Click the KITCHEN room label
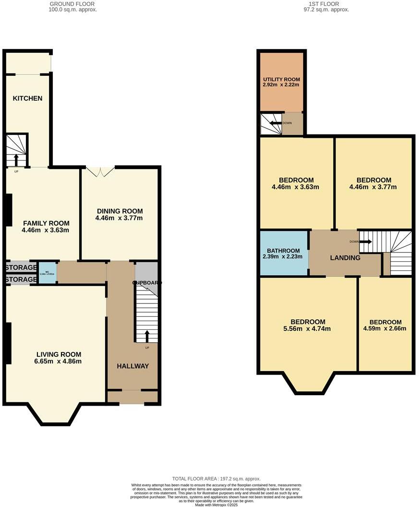pos(27,98)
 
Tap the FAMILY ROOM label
pos(46,223)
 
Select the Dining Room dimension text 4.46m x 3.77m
pos(120,218)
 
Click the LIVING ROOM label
pos(59,354)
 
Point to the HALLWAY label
pos(133,366)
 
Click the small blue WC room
pos(47,273)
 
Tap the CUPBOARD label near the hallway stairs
pos(147,283)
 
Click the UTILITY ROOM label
pos(281,79)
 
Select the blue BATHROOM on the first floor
pos(284,253)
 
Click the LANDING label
pos(345,258)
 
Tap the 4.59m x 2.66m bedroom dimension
pos(385,329)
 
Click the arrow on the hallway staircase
pos(147,336)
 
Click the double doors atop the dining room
pos(100,171)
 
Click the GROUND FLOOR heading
pos(73,4)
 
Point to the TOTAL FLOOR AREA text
pos(216,479)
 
